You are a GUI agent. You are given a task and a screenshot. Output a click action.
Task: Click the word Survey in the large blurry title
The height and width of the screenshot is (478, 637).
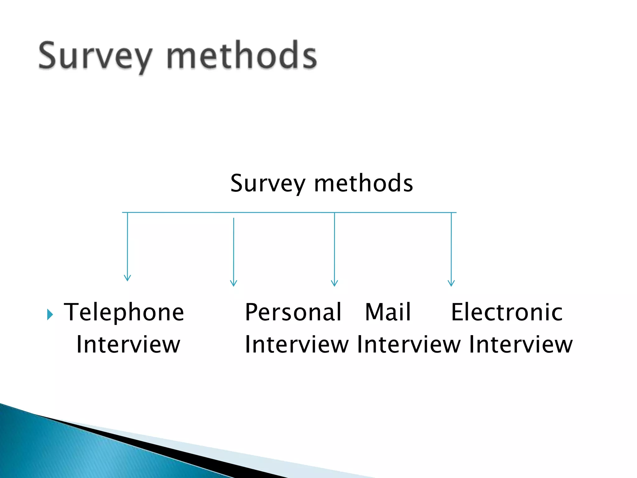pos(95,56)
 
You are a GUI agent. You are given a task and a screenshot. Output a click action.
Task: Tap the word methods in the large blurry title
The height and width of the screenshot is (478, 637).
pos(242,55)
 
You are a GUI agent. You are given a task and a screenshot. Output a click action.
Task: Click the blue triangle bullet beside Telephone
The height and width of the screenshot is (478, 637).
pos(50,315)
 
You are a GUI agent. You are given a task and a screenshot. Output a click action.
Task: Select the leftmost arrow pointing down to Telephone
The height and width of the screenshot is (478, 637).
pos(128,246)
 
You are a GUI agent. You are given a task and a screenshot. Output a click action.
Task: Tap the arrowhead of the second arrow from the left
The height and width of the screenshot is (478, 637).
pos(234,283)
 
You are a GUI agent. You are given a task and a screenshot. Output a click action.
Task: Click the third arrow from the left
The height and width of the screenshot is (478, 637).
pos(334,249)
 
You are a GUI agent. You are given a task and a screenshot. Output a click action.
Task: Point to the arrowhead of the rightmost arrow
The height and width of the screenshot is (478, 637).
pos(451,283)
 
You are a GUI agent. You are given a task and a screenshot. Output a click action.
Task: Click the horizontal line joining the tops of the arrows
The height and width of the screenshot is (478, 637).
pos(289,213)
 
